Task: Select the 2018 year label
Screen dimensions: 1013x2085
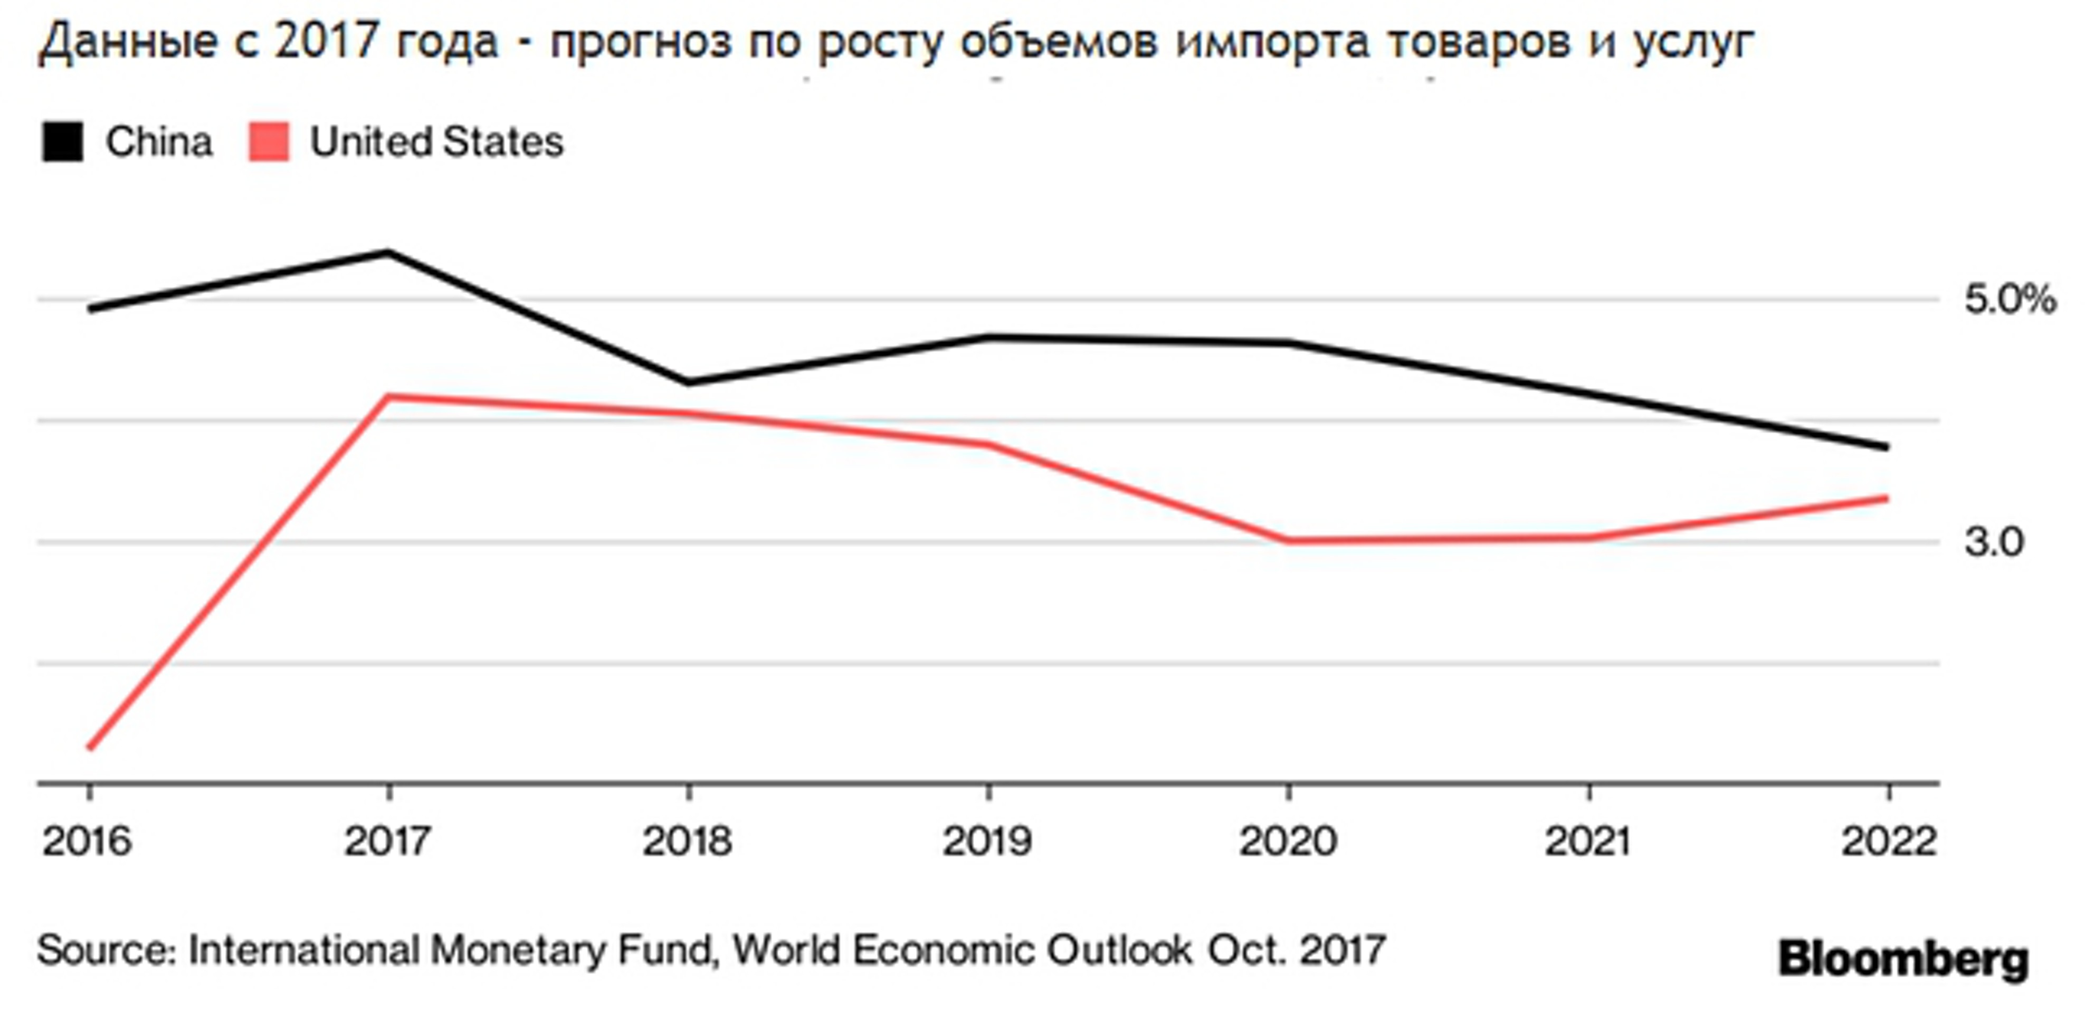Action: point(687,842)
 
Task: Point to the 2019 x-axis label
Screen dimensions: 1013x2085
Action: point(987,842)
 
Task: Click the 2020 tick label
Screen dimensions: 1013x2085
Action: point(1288,842)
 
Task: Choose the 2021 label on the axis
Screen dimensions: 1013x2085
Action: point(1588,842)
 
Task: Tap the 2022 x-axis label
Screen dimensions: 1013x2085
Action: point(1888,842)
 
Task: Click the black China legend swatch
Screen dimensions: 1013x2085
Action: point(62,142)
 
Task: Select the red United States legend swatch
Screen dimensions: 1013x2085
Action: point(269,142)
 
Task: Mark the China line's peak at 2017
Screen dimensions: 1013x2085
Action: point(388,252)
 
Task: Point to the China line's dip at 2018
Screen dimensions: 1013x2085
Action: point(688,382)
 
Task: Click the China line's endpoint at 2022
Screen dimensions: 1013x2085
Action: point(1887,447)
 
